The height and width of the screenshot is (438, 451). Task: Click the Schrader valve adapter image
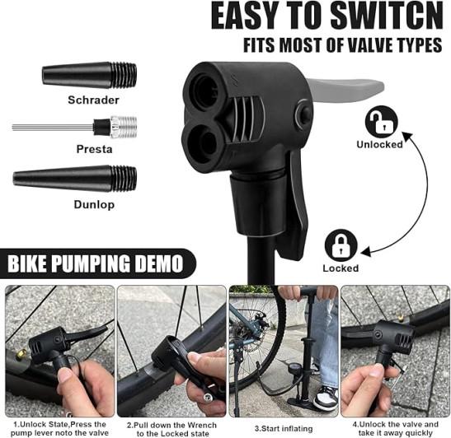pyautogui.click(x=89, y=76)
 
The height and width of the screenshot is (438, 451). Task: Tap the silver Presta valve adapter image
pyautogui.click(x=74, y=126)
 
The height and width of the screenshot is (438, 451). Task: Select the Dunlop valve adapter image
pyautogui.click(x=75, y=179)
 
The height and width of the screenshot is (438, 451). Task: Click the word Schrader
pyautogui.click(x=93, y=100)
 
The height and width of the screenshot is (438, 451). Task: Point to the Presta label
pyautogui.click(x=94, y=149)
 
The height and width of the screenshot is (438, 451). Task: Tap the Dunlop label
pyautogui.click(x=94, y=204)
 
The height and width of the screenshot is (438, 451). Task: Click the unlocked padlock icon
pyautogui.click(x=382, y=122)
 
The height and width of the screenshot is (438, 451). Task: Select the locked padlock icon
pyautogui.click(x=341, y=245)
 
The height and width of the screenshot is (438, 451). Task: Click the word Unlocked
pyautogui.click(x=379, y=144)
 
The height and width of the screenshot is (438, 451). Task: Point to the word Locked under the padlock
pyautogui.click(x=341, y=268)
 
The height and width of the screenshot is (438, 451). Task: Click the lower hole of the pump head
pyautogui.click(x=201, y=142)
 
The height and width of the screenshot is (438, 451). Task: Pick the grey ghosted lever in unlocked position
pyautogui.click(x=345, y=91)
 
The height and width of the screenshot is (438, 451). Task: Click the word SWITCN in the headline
pyautogui.click(x=387, y=16)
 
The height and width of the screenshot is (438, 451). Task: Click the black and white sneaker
pyautogui.click(x=326, y=398)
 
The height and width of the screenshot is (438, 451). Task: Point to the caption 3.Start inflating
pyautogui.click(x=284, y=429)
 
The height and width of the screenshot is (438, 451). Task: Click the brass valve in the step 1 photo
pyautogui.click(x=21, y=354)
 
